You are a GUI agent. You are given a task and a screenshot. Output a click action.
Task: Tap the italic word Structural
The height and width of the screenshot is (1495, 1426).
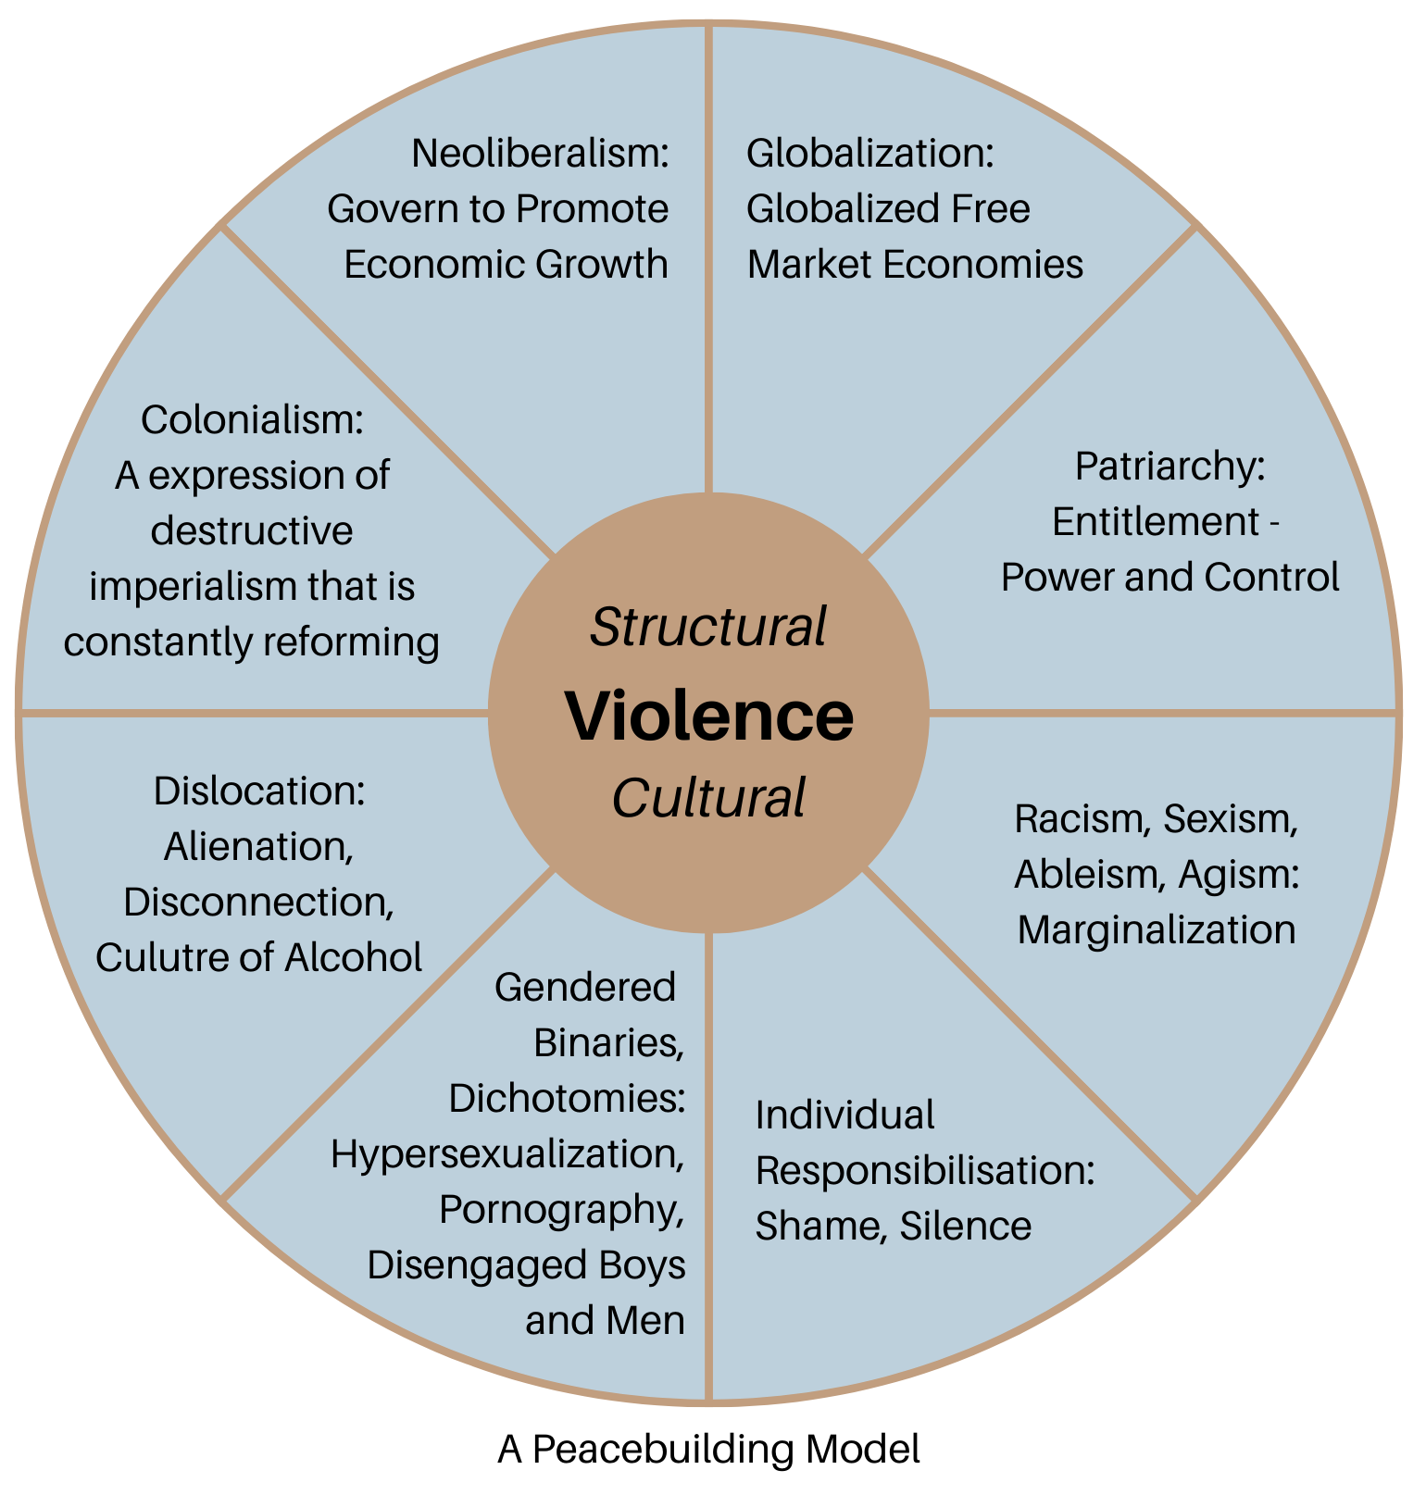click(708, 628)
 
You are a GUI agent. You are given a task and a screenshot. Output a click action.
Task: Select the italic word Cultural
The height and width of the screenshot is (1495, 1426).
click(708, 798)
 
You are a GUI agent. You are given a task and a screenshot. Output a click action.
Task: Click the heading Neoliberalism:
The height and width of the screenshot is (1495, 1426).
click(540, 153)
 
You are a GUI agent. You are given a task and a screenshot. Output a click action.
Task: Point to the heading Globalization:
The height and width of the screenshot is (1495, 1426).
click(869, 153)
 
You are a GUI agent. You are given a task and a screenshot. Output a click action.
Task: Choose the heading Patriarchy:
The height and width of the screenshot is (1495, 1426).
click(1170, 467)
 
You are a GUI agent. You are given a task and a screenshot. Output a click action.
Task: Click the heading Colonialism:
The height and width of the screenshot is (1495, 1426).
click(251, 420)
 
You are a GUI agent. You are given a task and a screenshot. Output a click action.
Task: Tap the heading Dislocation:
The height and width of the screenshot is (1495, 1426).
click(259, 791)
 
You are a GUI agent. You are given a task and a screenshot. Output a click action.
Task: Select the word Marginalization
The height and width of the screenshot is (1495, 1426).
click(1157, 930)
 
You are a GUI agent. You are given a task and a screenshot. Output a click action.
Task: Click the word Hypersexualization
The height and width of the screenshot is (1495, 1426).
click(507, 1154)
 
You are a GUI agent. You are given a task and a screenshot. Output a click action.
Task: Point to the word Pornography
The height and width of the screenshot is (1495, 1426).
click(560, 1210)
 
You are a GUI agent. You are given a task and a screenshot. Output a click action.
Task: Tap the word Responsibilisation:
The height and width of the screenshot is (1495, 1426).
click(925, 1171)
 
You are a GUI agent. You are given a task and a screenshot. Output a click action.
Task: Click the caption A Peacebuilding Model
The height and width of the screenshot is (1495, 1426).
click(709, 1450)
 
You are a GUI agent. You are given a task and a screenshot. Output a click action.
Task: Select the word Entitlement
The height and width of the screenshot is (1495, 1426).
click(1155, 523)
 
